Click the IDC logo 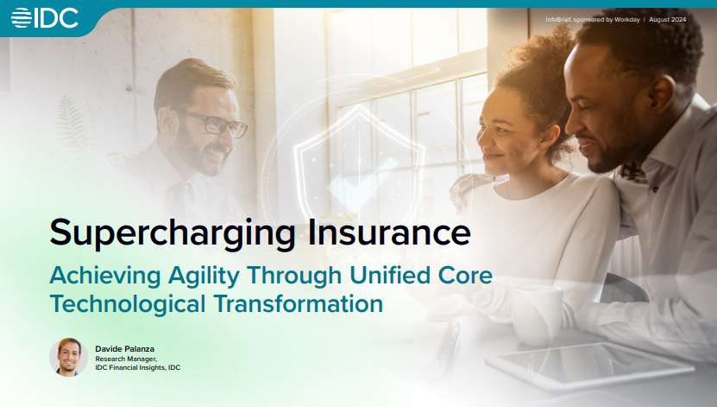(45, 17)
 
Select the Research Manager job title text (126, 358)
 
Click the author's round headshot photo (68, 357)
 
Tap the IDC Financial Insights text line (138, 368)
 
